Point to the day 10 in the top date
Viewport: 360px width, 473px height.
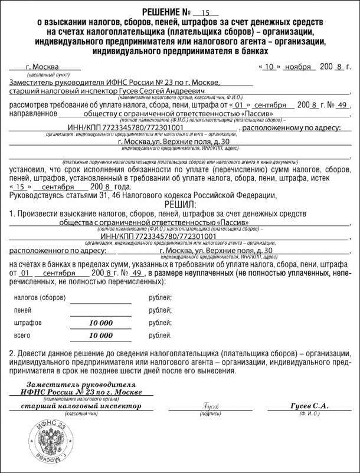click(x=269, y=67)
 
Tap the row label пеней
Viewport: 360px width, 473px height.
click(x=23, y=310)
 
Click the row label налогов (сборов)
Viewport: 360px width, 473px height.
click(x=39, y=298)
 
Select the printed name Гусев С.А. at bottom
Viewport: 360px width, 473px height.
click(x=309, y=406)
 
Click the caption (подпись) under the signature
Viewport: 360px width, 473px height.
click(x=211, y=414)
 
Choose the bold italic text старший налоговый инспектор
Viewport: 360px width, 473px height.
click(x=81, y=406)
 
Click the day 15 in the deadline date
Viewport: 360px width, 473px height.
click(x=21, y=186)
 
